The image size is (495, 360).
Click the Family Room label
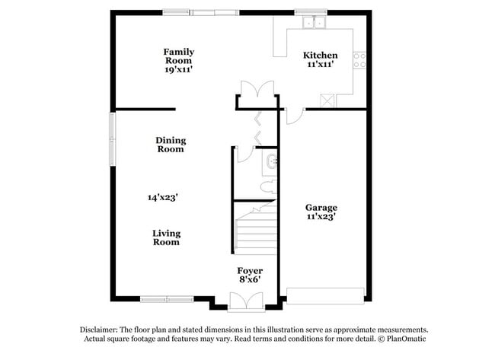pos(179,56)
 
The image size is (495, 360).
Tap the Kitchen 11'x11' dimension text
pos(321,64)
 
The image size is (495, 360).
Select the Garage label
pos(321,208)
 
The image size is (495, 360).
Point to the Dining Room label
pos(171,145)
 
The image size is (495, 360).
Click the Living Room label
pos(166,237)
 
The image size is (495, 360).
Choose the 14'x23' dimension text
pos(162,198)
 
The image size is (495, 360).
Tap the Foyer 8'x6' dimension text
pos(250,279)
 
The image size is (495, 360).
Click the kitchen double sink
pos(314,23)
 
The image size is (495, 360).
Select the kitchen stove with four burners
pos(359,60)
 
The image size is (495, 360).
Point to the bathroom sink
pos(271,161)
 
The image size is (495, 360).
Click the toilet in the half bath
pos(268,186)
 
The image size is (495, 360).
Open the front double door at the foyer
pos(246,301)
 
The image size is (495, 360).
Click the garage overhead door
pos(325,295)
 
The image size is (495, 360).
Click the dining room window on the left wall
pos(113,139)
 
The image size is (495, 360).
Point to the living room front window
pos(167,299)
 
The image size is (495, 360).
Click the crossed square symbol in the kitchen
pos(327,101)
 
